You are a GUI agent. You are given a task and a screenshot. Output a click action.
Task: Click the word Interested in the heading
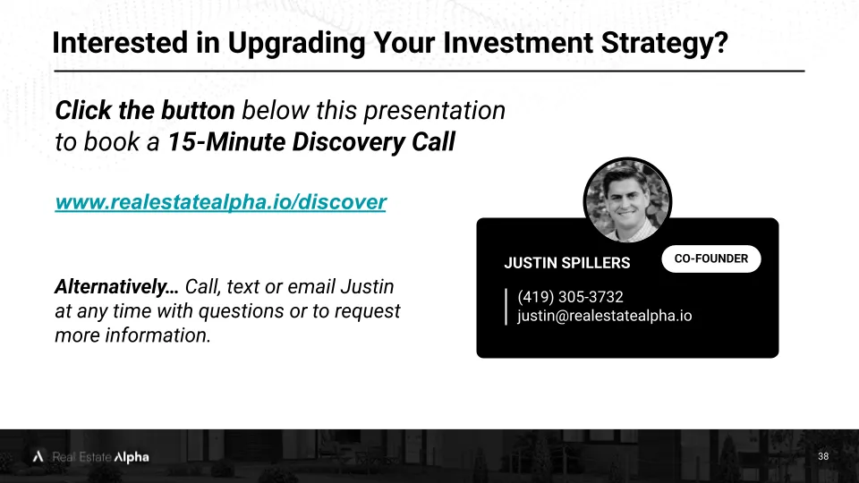pyautogui.click(x=120, y=43)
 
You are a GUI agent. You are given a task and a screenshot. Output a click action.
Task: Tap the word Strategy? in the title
pyautogui.click(x=665, y=44)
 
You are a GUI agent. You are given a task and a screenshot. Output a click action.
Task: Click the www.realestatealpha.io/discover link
pyautogui.click(x=221, y=202)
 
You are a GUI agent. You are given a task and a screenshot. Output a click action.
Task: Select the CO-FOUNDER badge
pyautogui.click(x=711, y=258)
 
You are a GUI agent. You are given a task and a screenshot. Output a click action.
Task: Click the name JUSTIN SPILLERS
pyautogui.click(x=567, y=263)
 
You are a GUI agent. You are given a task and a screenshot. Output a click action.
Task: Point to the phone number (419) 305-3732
pyautogui.click(x=570, y=297)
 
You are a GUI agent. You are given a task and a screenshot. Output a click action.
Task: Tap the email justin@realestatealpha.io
pyautogui.click(x=604, y=316)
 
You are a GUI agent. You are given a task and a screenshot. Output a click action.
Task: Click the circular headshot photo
pyautogui.click(x=627, y=201)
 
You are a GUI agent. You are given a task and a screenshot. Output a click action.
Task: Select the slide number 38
pyautogui.click(x=823, y=456)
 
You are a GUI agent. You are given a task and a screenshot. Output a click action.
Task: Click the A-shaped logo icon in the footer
pyautogui.click(x=38, y=456)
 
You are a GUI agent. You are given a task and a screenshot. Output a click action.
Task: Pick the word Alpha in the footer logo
pyautogui.click(x=132, y=457)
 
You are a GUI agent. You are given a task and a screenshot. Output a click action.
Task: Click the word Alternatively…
pyautogui.click(x=116, y=287)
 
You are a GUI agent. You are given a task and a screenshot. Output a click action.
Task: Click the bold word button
pyautogui.click(x=198, y=110)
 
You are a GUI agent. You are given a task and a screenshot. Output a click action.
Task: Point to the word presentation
pyautogui.click(x=435, y=111)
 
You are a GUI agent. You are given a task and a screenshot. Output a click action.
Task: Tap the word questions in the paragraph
pyautogui.click(x=241, y=311)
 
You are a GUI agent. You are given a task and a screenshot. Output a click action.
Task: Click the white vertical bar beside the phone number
pyautogui.click(x=506, y=307)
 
